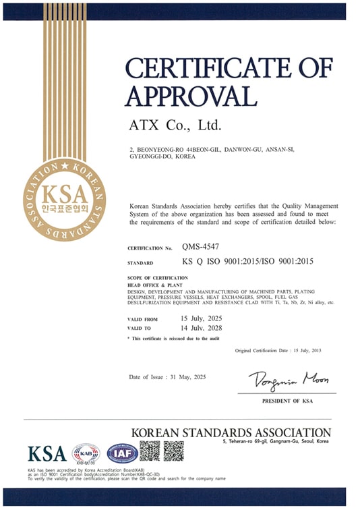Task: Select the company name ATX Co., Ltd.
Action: [175, 125]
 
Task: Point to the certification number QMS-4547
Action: [199, 248]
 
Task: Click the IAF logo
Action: [122, 452]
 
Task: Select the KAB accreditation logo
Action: [86, 452]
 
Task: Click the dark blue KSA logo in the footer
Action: [47, 453]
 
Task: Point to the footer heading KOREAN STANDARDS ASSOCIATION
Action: [231, 432]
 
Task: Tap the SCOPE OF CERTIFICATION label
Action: [157, 277]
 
